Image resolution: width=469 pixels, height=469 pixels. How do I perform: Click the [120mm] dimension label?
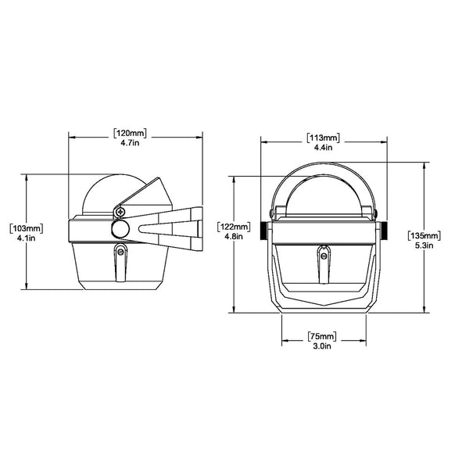(x=131, y=133)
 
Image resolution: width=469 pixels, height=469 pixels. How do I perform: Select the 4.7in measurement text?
(x=131, y=144)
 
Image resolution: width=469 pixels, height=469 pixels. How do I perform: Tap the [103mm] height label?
(x=27, y=227)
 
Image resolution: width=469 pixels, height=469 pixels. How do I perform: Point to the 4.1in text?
(x=27, y=238)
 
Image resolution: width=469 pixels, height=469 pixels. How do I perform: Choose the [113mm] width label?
(x=324, y=137)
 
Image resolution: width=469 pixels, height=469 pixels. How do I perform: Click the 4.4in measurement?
(x=324, y=147)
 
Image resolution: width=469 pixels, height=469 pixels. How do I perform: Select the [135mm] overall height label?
(x=424, y=234)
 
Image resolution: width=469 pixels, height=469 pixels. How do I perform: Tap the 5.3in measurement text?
(x=424, y=245)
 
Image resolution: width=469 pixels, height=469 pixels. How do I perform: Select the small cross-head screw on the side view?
(x=119, y=209)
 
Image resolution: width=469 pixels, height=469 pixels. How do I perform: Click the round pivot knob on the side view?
(x=120, y=228)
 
